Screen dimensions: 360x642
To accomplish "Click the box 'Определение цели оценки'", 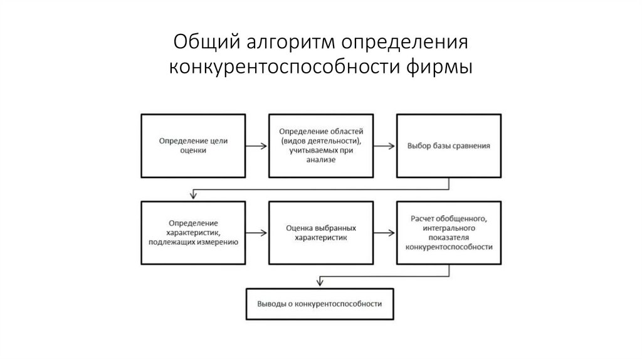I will [x=193, y=146].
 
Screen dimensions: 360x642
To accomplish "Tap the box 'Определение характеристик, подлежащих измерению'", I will [x=193, y=233].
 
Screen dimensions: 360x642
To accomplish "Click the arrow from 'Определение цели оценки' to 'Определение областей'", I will [x=256, y=146].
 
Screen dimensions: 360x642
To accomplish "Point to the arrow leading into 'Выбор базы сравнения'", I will [x=384, y=146].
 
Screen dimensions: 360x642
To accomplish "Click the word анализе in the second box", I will [x=322, y=160].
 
